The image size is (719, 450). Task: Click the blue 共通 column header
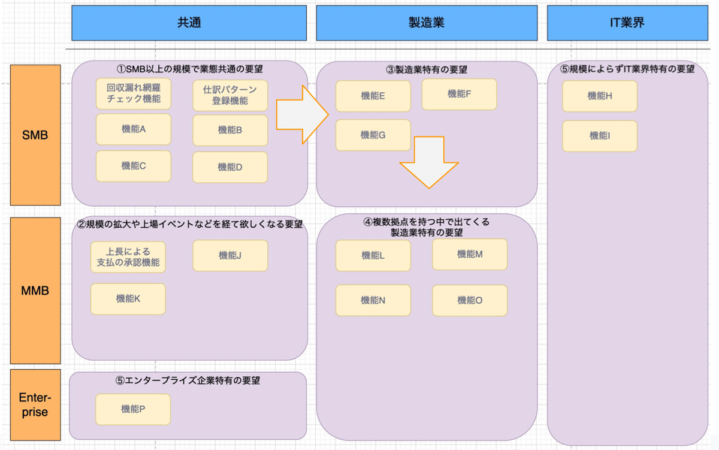(189, 23)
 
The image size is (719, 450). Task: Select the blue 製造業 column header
(427, 23)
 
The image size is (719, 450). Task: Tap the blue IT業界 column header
(627, 23)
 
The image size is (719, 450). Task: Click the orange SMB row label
(35, 135)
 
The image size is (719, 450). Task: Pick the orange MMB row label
(35, 291)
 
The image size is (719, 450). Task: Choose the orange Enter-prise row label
(35, 405)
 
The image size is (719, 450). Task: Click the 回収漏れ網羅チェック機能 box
(134, 93)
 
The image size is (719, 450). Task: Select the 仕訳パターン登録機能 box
(230, 95)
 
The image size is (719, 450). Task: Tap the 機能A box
(134, 129)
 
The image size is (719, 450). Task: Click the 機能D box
(230, 167)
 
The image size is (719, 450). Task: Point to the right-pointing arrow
(303, 114)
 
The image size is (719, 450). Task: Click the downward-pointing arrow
(429, 162)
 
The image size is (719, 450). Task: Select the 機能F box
(460, 94)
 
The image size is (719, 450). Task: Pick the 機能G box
(373, 135)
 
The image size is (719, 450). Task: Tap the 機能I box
(600, 136)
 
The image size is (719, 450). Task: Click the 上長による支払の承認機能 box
(128, 257)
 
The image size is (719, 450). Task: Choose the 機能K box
(128, 299)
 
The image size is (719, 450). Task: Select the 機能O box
(470, 300)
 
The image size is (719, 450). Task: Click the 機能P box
(133, 409)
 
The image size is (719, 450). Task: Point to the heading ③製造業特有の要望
(427, 70)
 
